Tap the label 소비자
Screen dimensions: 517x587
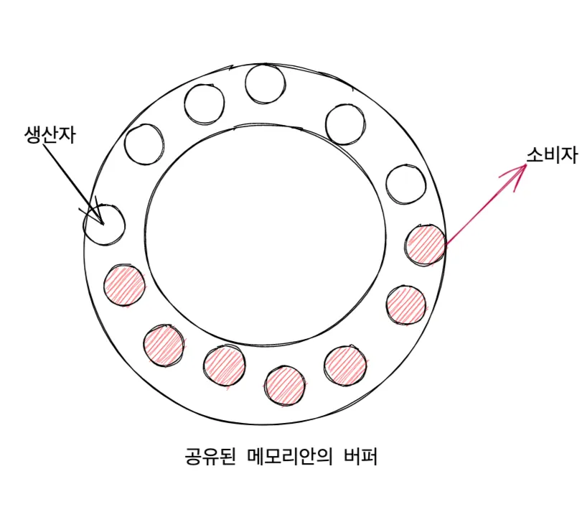552,154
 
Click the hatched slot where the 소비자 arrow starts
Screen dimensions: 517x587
425,244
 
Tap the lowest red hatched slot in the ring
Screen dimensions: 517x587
285,383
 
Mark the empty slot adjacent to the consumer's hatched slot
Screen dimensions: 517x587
405,185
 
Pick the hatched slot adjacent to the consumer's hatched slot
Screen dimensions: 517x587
406,304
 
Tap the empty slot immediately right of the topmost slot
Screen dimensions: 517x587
347,124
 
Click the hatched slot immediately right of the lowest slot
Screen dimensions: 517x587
345,365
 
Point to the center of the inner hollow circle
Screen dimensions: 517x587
266,233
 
